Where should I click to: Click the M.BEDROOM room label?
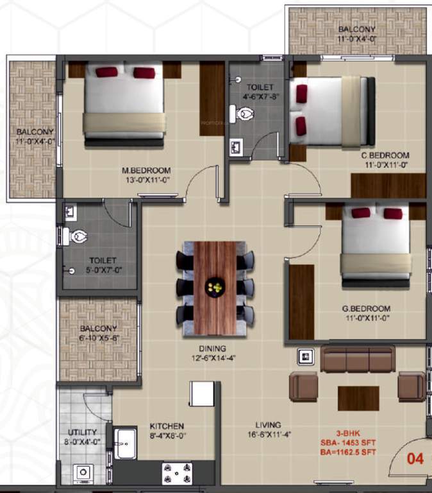[147, 170]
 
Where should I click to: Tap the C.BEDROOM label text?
[385, 155]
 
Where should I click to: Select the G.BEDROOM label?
[366, 308]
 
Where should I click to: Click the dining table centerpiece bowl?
[214, 287]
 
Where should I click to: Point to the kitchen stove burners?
[176, 474]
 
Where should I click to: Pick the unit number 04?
[416, 458]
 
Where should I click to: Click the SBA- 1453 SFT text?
[349, 443]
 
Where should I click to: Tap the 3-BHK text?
[349, 433]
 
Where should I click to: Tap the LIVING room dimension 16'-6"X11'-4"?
[267, 435]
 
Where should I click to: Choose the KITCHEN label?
[167, 426]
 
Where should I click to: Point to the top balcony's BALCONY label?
[357, 30]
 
